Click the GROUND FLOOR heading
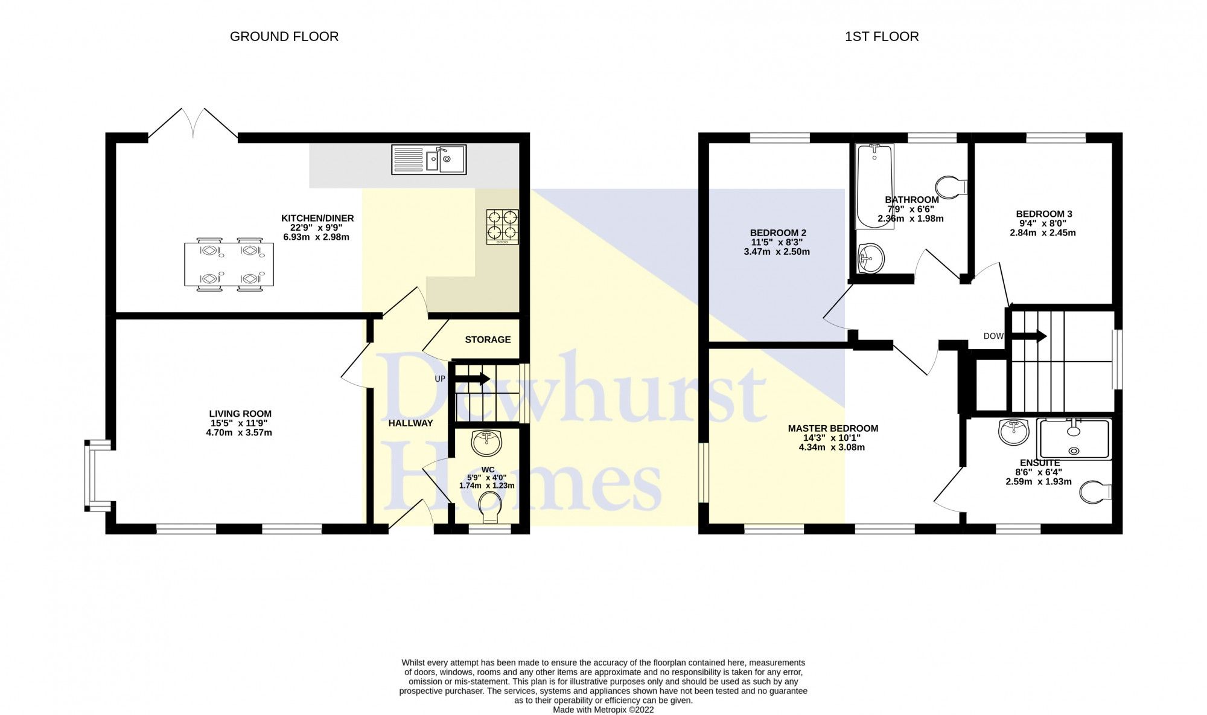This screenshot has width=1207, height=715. coord(284,36)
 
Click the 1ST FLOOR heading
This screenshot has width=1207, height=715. coord(881,36)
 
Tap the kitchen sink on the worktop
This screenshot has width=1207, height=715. coord(428,159)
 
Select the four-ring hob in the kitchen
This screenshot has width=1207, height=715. coord(502,226)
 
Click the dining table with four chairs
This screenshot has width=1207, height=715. coord(229,265)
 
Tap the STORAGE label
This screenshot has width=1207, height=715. coord(488,339)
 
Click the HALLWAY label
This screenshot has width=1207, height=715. coord(410,423)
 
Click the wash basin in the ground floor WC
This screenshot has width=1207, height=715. coord(486,443)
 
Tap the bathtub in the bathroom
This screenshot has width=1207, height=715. coord(874,186)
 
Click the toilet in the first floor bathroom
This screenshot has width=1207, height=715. coord(951,188)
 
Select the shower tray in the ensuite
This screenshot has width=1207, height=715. coord(1074,439)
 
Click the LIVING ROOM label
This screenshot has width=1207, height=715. coord(240,414)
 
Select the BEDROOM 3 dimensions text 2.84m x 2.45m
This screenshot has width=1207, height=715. coord(1043,232)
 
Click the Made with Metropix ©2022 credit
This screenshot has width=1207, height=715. coord(603,710)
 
